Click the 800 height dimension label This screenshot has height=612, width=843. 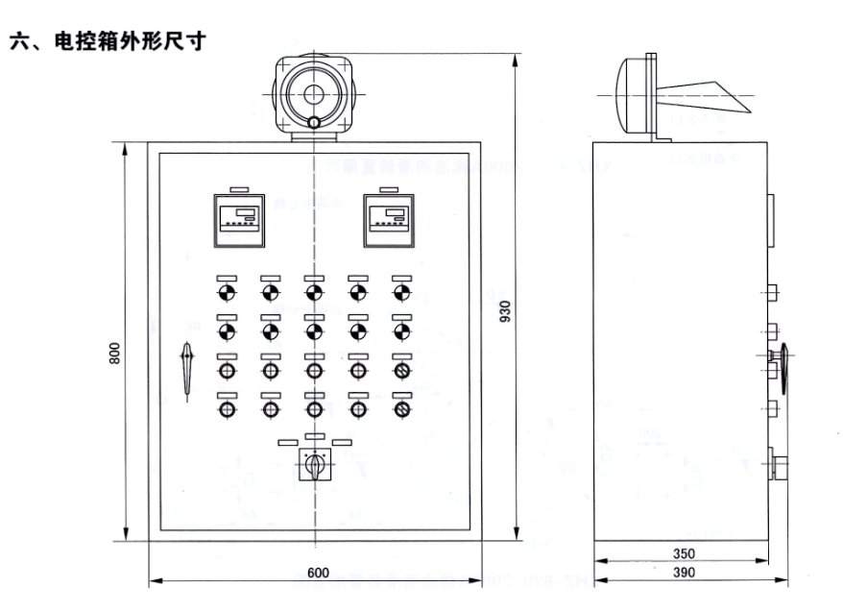click(114, 354)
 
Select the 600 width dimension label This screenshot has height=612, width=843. click(318, 574)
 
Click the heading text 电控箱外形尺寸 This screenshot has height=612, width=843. click(108, 41)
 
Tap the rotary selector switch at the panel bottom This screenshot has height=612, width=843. click(314, 465)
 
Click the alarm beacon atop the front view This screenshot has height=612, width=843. click(314, 93)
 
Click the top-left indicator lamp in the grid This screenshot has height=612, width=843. click(227, 292)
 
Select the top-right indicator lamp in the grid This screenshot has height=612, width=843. click(401, 292)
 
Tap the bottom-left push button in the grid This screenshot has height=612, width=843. click(227, 409)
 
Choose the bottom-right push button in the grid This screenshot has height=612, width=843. click(401, 409)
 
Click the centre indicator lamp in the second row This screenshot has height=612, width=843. click(314, 331)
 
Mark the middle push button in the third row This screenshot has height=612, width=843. click(314, 371)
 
